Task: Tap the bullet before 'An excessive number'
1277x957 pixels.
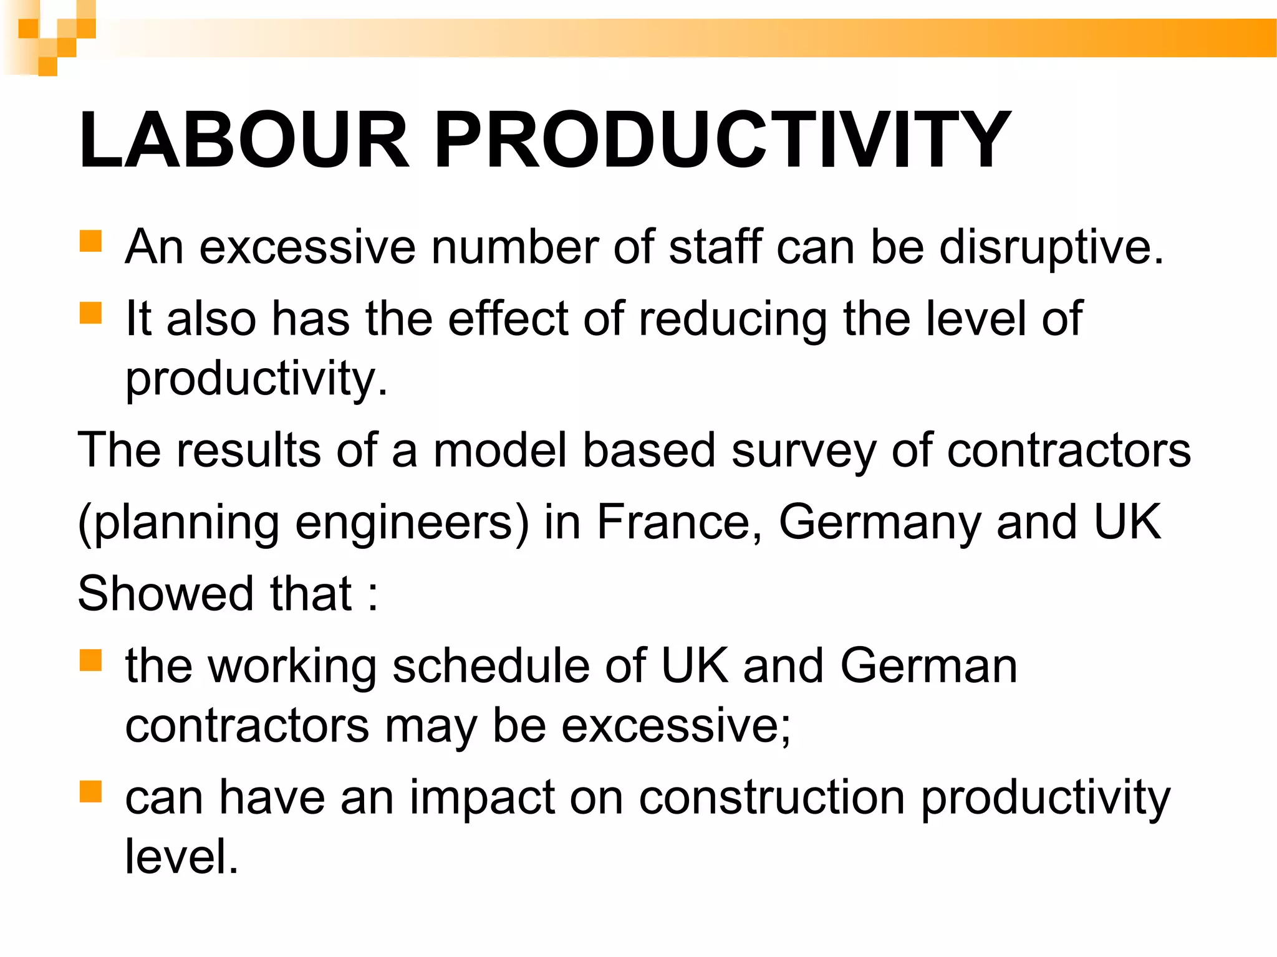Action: pos(91,241)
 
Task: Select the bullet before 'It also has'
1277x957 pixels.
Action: pos(91,313)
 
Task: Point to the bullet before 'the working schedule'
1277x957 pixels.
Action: pos(91,660)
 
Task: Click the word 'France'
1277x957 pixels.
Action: pos(679,522)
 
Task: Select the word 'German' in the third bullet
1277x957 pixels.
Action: pos(928,666)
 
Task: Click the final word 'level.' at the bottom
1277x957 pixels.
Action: pos(181,857)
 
